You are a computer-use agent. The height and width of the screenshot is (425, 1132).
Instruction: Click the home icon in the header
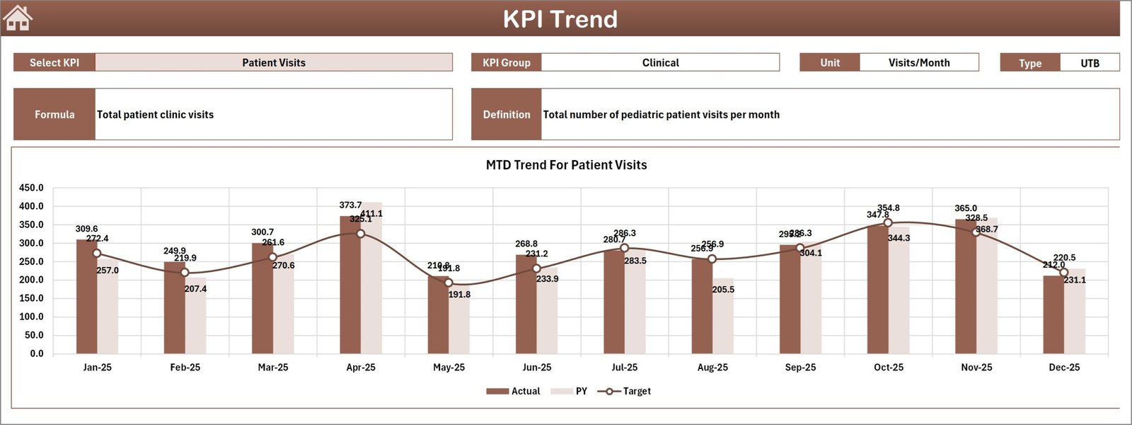click(18, 18)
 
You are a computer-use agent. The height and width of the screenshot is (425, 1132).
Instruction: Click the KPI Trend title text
click(560, 19)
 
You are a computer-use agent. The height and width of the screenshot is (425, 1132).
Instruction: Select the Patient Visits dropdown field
click(274, 62)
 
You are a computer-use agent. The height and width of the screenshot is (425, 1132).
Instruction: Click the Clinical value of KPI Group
click(660, 62)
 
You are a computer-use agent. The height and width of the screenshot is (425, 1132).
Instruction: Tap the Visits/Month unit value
click(918, 62)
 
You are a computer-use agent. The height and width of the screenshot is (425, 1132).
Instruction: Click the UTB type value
click(1090, 63)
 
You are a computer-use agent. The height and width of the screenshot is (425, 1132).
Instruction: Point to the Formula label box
click(54, 114)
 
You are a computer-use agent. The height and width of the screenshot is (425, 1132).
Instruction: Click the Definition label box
click(507, 114)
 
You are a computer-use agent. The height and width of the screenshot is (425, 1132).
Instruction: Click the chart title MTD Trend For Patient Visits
click(566, 165)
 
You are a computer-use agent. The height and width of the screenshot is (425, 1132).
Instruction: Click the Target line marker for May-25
click(449, 283)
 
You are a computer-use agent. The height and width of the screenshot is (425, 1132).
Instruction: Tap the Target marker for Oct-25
click(888, 223)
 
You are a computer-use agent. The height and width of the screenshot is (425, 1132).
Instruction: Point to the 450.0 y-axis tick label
click(31, 188)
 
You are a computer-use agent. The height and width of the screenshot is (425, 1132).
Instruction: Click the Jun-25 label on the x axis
click(536, 367)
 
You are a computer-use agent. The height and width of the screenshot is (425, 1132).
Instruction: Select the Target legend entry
click(624, 391)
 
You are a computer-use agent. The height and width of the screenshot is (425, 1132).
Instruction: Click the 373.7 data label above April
click(350, 205)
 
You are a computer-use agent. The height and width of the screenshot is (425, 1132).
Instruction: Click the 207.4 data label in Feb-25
click(195, 289)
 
